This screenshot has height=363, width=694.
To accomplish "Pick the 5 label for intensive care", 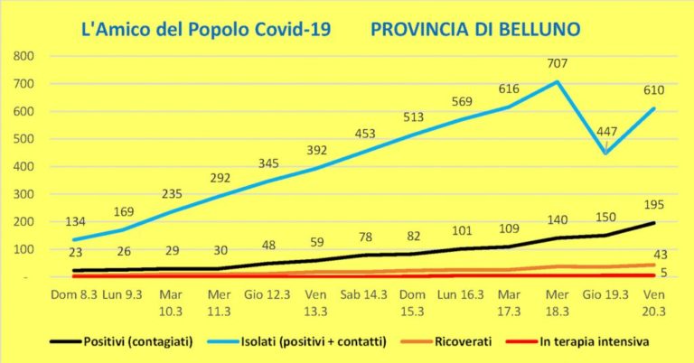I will (x=664, y=275).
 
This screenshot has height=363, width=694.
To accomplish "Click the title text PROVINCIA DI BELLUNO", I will (x=475, y=29).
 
